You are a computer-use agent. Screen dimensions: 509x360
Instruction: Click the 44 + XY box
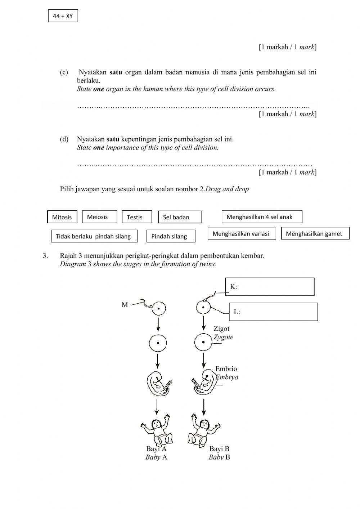click(x=63, y=16)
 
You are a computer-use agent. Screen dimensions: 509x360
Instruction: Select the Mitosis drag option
click(x=62, y=217)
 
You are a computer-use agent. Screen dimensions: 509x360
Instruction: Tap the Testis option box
click(x=137, y=217)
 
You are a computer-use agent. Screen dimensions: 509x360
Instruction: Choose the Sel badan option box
click(x=180, y=217)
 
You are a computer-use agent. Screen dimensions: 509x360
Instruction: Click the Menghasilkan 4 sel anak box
click(x=262, y=217)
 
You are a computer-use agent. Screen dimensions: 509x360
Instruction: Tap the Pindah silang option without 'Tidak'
click(x=171, y=236)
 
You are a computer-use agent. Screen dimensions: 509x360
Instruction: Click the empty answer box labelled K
click(x=270, y=287)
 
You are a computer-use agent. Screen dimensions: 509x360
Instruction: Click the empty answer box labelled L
click(x=274, y=312)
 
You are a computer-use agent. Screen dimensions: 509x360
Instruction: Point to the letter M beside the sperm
click(x=125, y=305)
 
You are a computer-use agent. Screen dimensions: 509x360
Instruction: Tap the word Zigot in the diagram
click(x=221, y=329)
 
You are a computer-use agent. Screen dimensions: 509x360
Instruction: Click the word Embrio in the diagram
click(x=226, y=369)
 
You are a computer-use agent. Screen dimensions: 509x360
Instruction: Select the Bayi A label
click(x=156, y=449)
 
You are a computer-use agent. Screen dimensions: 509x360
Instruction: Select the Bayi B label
click(x=219, y=449)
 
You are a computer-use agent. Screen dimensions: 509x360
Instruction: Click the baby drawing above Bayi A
click(x=157, y=430)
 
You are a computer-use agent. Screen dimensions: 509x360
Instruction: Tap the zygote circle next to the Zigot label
click(x=203, y=342)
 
